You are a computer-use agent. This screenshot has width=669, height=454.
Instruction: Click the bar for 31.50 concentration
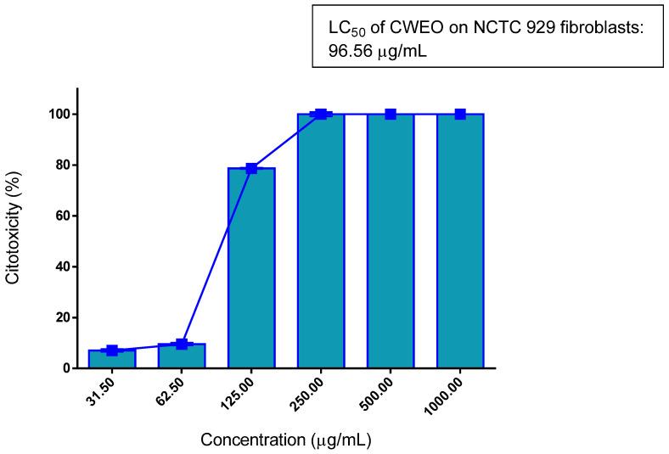pyautogui.click(x=112, y=359)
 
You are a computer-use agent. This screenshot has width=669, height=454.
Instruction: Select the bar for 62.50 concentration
pyautogui.click(x=182, y=356)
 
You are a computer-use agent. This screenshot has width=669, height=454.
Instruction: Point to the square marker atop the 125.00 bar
pyautogui.click(x=251, y=168)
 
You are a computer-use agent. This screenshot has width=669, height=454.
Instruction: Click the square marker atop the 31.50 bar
pyautogui.click(x=112, y=350)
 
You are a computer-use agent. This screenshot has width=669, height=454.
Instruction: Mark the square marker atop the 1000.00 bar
pyautogui.click(x=460, y=114)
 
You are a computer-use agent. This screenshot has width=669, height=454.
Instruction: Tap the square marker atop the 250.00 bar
pyautogui.click(x=321, y=114)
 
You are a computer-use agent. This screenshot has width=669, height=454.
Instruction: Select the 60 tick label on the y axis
pyautogui.click(x=62, y=216)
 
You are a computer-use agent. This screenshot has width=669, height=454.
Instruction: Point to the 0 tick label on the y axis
pyautogui.click(x=65, y=368)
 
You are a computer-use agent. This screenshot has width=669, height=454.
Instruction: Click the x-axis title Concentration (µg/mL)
pyautogui.click(x=286, y=440)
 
